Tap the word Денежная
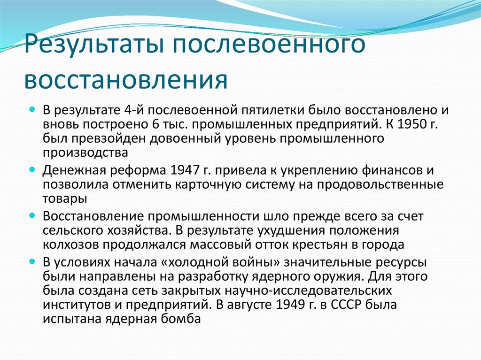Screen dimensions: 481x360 (x=74, y=170)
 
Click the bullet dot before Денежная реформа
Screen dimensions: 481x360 (x=32, y=169)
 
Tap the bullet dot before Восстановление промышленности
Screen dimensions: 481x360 (x=32, y=215)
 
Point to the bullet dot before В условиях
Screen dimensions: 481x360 (x=32, y=262)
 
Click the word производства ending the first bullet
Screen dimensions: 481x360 (x=85, y=153)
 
